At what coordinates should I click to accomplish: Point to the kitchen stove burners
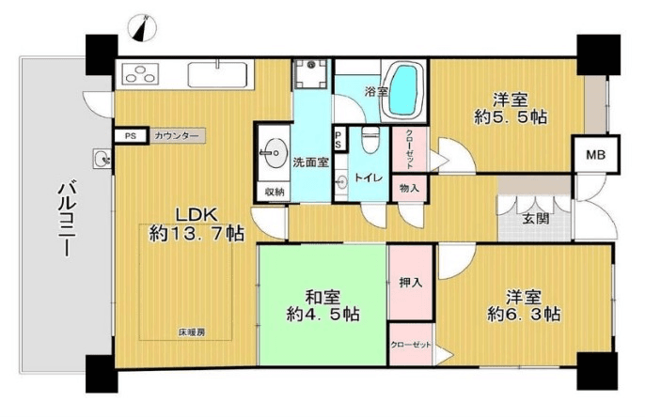coord(142,72)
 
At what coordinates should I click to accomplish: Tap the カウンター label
coord(177,136)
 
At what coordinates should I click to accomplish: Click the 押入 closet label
coord(410,281)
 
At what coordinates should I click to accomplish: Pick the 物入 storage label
coord(409,188)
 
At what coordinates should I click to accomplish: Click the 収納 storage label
coord(274,193)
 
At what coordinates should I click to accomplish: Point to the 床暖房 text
coord(192,332)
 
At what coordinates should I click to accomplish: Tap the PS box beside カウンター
coord(129,136)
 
